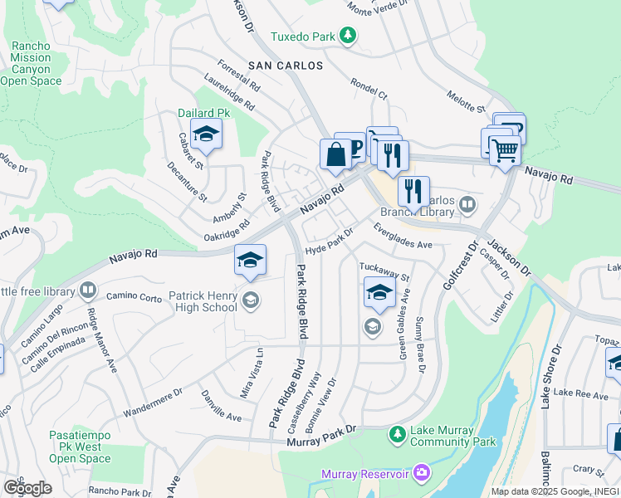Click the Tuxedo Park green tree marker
349,37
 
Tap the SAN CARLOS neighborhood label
284,64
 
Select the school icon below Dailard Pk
205,134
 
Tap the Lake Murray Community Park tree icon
398,433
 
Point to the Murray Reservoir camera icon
422,473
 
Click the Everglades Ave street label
403,237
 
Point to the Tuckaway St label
384,271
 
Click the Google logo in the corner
27,487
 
